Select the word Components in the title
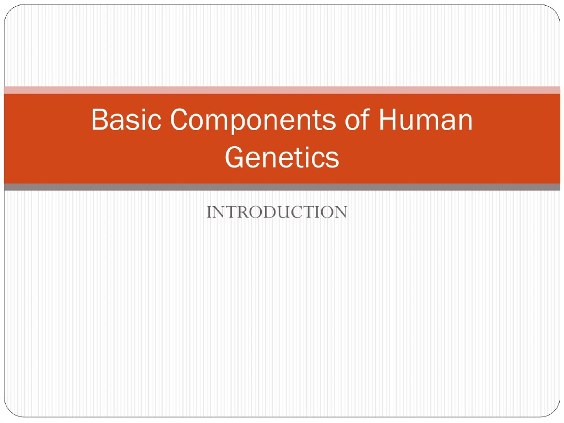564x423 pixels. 253,121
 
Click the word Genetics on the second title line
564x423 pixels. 282,157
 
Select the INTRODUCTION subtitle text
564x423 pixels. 277,212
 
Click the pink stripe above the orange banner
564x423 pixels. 282,90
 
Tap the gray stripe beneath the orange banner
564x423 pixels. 282,187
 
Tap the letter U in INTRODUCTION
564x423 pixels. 285,212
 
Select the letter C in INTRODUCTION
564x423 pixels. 298,212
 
